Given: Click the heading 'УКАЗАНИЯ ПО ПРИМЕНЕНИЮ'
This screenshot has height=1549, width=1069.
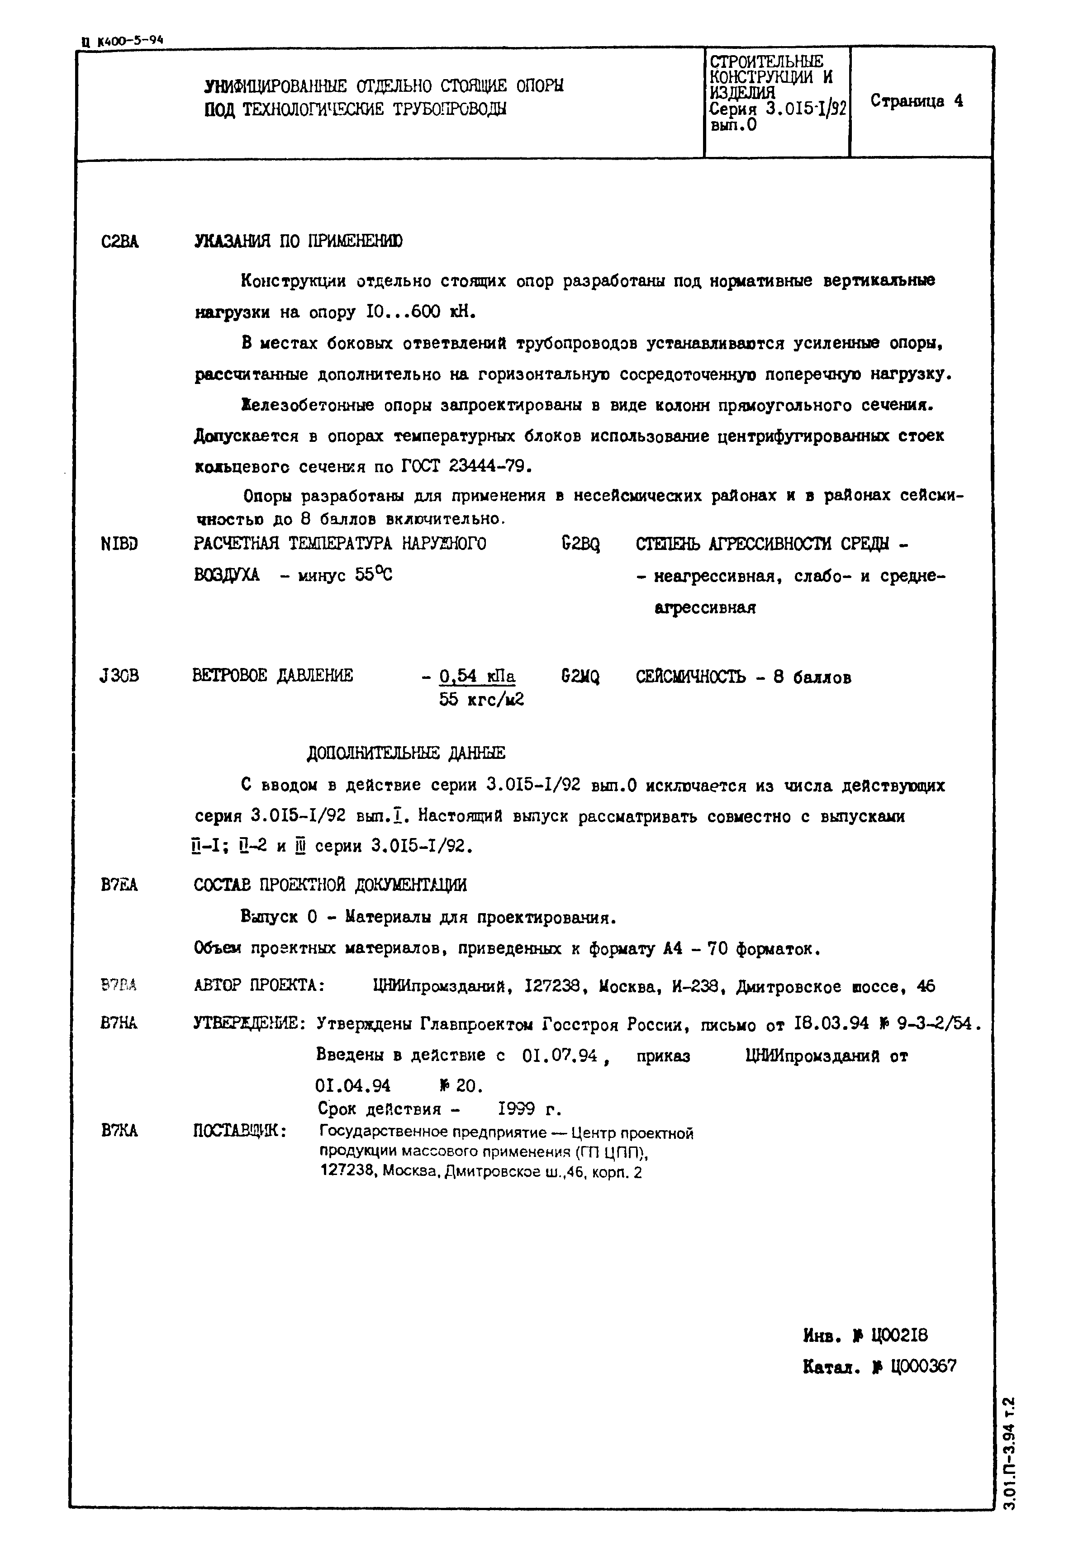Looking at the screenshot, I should coord(298,241).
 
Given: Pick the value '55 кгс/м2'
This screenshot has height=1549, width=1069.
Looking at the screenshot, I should coord(481,700).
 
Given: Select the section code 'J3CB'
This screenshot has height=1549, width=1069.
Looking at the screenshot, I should coord(119,676).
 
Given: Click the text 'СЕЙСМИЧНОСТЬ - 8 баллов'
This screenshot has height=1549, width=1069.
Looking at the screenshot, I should coord(743,677).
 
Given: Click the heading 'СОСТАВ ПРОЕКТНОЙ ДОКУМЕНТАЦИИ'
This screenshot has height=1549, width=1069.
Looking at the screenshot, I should coord(330,885).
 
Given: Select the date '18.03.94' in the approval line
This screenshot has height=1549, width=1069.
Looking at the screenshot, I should coord(831,1023).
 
